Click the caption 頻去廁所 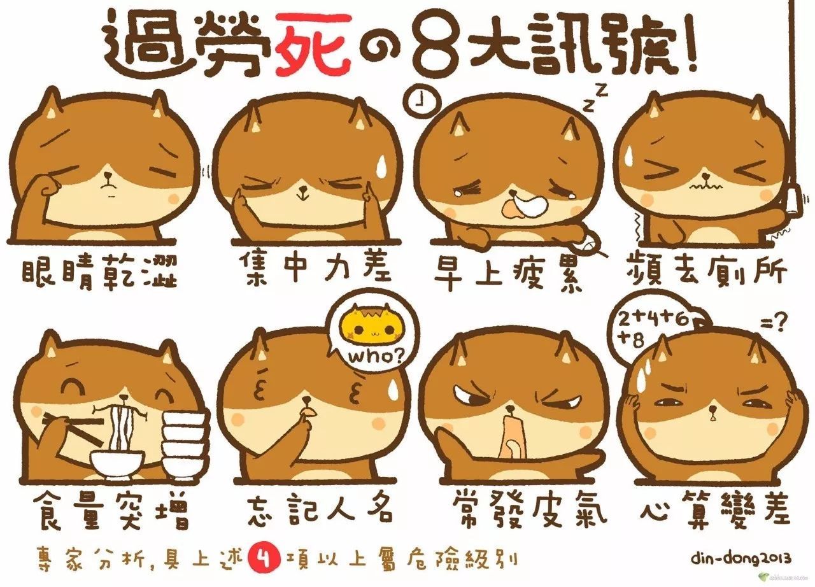(706, 270)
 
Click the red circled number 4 (262, 558)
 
